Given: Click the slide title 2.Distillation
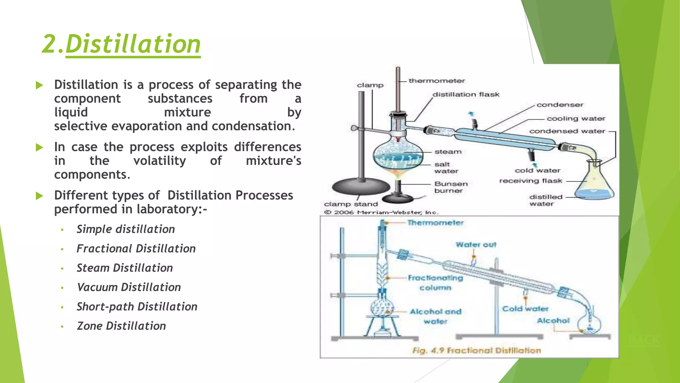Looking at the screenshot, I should [122, 44].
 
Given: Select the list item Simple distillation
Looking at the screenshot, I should [126, 229].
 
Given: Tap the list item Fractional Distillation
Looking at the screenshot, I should [136, 249].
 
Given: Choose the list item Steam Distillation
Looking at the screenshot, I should [125, 268].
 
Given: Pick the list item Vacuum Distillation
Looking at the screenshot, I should [129, 287].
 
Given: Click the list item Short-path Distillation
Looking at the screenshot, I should [137, 307].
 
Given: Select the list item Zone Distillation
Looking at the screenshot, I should [121, 326].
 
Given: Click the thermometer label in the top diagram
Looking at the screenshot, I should [436, 81].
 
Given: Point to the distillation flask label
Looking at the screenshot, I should [466, 94].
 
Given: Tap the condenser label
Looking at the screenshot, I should [560, 105].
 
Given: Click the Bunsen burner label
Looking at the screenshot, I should [451, 187].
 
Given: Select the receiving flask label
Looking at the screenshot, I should [531, 181].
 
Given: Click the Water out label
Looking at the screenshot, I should [476, 245].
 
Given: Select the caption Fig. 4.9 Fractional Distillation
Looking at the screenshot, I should [476, 350].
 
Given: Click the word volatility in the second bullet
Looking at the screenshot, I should [160, 161].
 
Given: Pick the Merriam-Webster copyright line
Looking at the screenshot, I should [382, 212].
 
